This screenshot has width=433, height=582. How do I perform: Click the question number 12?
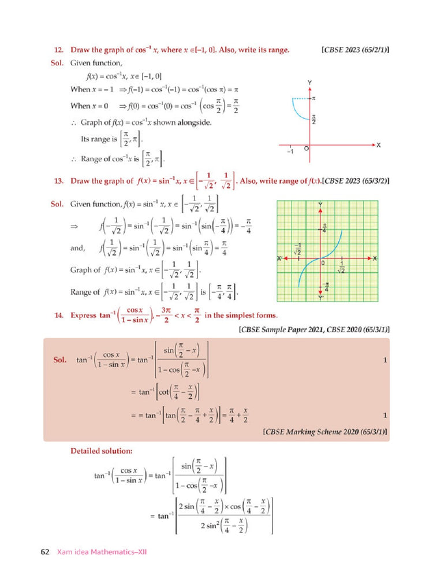pyautogui.click(x=57, y=50)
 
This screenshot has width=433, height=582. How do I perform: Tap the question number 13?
pyautogui.click(x=57, y=181)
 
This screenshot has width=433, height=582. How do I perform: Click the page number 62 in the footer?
pyautogui.click(x=44, y=552)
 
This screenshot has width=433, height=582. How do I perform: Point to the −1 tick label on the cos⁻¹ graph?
pyautogui.click(x=290, y=152)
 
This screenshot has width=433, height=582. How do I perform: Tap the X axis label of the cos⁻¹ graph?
pyautogui.click(x=379, y=145)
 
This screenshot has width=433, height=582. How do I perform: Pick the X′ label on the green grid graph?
pyautogui.click(x=280, y=258)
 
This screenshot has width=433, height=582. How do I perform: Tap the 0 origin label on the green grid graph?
pyautogui.click(x=324, y=263)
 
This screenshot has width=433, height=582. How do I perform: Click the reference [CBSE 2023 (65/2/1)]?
pyautogui.click(x=355, y=50)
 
